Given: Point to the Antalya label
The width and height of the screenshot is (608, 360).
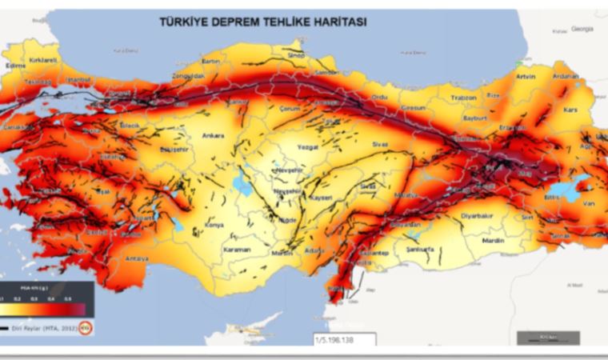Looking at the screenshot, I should pyautogui.click(x=138, y=257).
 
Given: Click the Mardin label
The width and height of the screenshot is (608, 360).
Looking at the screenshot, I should pyautogui.click(x=492, y=240).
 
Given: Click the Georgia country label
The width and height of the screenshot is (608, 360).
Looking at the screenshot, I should pyautogui.click(x=582, y=29).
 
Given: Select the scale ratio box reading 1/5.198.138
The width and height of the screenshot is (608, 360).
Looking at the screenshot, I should pyautogui.click(x=338, y=338).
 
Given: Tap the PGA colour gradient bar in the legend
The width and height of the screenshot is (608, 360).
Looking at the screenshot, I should pyautogui.click(x=44, y=309).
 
